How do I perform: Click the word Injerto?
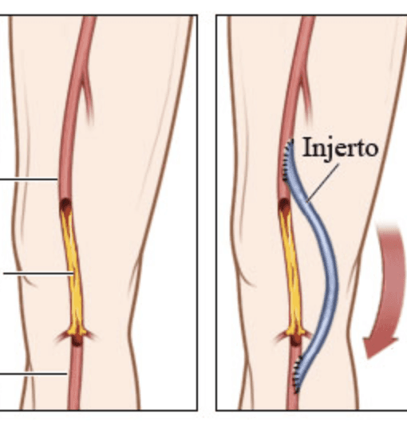tap(341, 148)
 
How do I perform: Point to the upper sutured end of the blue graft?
tap(288, 160)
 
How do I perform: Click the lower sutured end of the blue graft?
tap(298, 374)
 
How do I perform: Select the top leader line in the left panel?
tap(29, 179)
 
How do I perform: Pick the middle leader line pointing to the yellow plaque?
tap(38, 273)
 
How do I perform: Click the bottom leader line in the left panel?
tap(34, 373)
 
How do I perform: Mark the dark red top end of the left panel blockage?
tap(65, 205)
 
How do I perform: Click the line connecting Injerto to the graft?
tap(322, 183)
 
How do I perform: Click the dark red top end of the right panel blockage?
tap(284, 205)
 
